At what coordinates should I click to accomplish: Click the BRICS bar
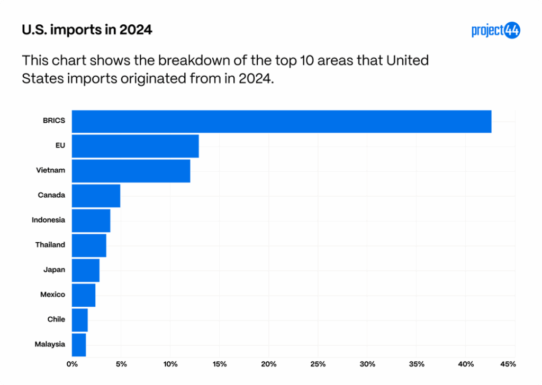coord(282,121)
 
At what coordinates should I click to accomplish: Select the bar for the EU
coord(135,146)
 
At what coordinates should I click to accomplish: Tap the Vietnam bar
coord(131,171)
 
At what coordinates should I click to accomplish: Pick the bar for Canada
coord(96,196)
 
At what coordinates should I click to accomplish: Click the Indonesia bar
coord(91,221)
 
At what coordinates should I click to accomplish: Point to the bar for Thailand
coord(89,245)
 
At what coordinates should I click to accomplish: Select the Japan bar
coord(86,270)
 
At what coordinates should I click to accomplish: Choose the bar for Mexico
coord(84,295)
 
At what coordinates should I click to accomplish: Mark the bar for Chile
coord(80,320)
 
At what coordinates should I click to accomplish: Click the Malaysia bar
coord(79,345)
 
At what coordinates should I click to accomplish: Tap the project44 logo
coord(495,31)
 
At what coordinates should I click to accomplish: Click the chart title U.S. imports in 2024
coord(87,30)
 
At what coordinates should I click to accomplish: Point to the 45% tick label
coord(508,364)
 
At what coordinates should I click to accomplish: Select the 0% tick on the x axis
coord(72,364)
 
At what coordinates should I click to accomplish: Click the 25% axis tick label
coord(318,364)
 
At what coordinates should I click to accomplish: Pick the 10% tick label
coord(170,364)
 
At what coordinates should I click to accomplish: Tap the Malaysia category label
coord(50,344)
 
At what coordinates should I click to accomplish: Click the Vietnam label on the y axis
coord(51,170)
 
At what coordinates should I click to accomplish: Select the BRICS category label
coord(54,121)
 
